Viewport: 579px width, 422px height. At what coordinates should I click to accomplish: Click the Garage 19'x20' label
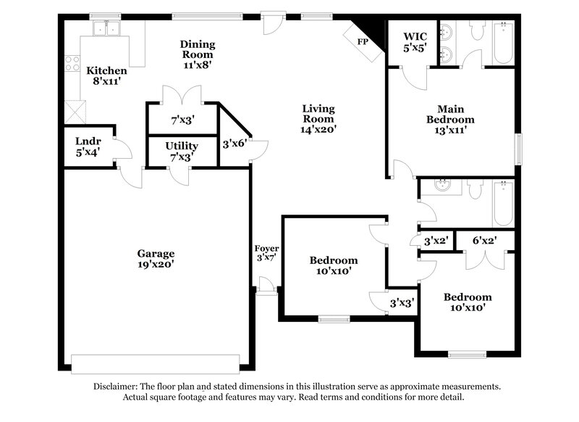click(x=156, y=259)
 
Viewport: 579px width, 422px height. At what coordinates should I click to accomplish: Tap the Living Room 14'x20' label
click(x=318, y=118)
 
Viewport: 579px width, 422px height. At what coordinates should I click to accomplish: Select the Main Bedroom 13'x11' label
click(x=450, y=125)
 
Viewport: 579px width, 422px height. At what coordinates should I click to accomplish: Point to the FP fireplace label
click(x=363, y=42)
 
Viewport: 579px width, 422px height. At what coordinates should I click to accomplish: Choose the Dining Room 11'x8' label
click(x=198, y=54)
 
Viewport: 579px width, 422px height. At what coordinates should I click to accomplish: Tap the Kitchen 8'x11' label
click(x=107, y=76)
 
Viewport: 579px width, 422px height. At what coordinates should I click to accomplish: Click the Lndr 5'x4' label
click(x=88, y=146)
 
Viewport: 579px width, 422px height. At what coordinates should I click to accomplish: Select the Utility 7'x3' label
click(x=182, y=152)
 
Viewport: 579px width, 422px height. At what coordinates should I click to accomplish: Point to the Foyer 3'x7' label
click(x=266, y=253)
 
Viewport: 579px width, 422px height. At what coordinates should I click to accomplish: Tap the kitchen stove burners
click(x=72, y=64)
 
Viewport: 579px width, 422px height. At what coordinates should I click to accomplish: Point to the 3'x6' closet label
click(x=234, y=144)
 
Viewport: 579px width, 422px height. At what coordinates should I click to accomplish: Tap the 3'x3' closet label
click(x=401, y=303)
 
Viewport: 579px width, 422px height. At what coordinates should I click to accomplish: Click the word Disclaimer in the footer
click(x=117, y=387)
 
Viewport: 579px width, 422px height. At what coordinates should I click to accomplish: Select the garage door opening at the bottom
click(x=155, y=363)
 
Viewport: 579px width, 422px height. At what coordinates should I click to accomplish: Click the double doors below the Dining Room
click(x=181, y=94)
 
